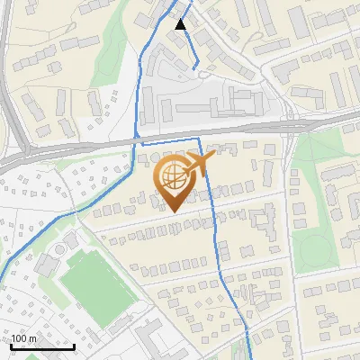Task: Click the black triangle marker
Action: click(x=181, y=24)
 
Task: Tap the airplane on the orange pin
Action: click(x=199, y=163)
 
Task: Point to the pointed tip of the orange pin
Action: click(x=171, y=212)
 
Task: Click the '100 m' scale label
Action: click(x=24, y=337)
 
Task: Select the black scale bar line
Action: click(x=42, y=346)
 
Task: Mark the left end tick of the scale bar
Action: click(x=11, y=345)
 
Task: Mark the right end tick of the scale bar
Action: click(x=74, y=345)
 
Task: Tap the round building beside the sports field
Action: click(x=67, y=245)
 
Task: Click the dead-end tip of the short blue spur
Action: click(x=195, y=67)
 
